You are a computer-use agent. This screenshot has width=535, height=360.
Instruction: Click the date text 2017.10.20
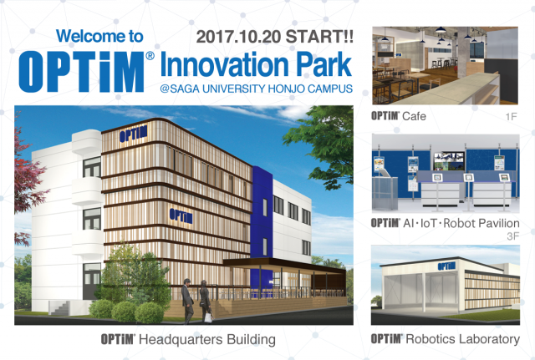coord(239,37)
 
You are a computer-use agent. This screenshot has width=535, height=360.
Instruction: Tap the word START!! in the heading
coord(319,37)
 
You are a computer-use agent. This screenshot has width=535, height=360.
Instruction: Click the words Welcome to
coord(99,36)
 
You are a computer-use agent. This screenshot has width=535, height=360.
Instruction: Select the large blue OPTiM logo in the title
coord(82,71)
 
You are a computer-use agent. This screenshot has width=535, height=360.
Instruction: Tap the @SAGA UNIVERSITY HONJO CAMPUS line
coord(256,89)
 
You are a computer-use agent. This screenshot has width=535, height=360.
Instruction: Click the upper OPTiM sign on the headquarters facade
coord(133,134)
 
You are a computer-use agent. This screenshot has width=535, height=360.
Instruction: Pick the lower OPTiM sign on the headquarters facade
coord(181,216)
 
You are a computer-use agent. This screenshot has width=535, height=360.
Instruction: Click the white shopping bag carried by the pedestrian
coord(208,317)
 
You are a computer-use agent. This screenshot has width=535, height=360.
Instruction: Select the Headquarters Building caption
coord(207,340)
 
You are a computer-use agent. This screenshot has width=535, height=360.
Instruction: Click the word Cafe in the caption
coord(415,116)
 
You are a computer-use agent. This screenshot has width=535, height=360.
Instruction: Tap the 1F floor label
coord(511,117)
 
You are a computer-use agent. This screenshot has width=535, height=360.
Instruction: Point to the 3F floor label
coord(512,236)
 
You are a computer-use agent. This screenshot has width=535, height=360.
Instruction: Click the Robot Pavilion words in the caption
coord(481,223)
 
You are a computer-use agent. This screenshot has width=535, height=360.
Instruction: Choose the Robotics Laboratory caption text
coord(463,339)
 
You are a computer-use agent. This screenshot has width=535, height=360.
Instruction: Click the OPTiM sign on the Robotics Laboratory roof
coord(446,266)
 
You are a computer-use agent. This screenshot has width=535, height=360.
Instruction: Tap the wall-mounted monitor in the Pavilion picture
coord(449,161)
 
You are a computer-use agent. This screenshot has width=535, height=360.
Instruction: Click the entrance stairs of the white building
coord(59,308)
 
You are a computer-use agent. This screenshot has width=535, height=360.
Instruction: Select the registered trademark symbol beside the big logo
coord(150,56)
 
